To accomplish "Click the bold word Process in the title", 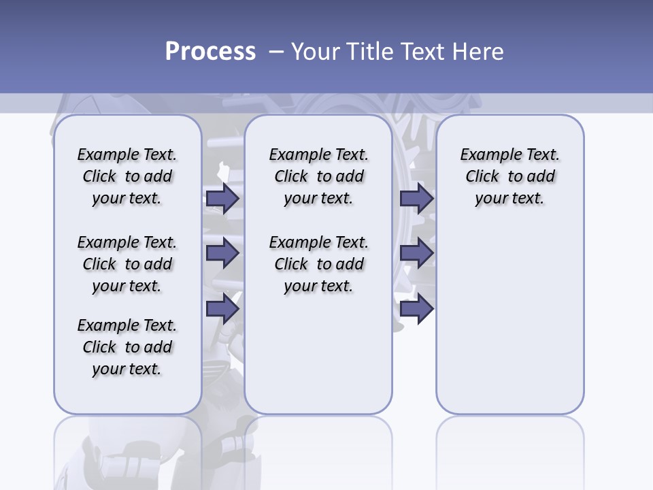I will click(x=210, y=52).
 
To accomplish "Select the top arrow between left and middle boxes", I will click(x=222, y=198).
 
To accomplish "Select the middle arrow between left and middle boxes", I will click(x=222, y=253).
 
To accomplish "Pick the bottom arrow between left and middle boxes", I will click(x=222, y=309).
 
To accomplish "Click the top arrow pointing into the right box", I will click(x=416, y=198).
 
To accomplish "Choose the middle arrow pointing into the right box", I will click(x=416, y=253).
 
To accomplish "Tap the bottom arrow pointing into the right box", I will click(x=416, y=309).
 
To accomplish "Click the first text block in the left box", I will click(x=127, y=176).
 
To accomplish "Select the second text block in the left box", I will click(x=127, y=264).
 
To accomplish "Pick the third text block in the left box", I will click(x=127, y=347).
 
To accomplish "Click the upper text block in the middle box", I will click(x=318, y=176).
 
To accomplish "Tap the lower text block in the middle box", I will click(x=318, y=264).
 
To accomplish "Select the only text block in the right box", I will click(x=509, y=176).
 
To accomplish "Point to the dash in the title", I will click(x=276, y=52).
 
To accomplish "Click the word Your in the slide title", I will click(x=316, y=52).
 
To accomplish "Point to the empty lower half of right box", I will click(x=509, y=327).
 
